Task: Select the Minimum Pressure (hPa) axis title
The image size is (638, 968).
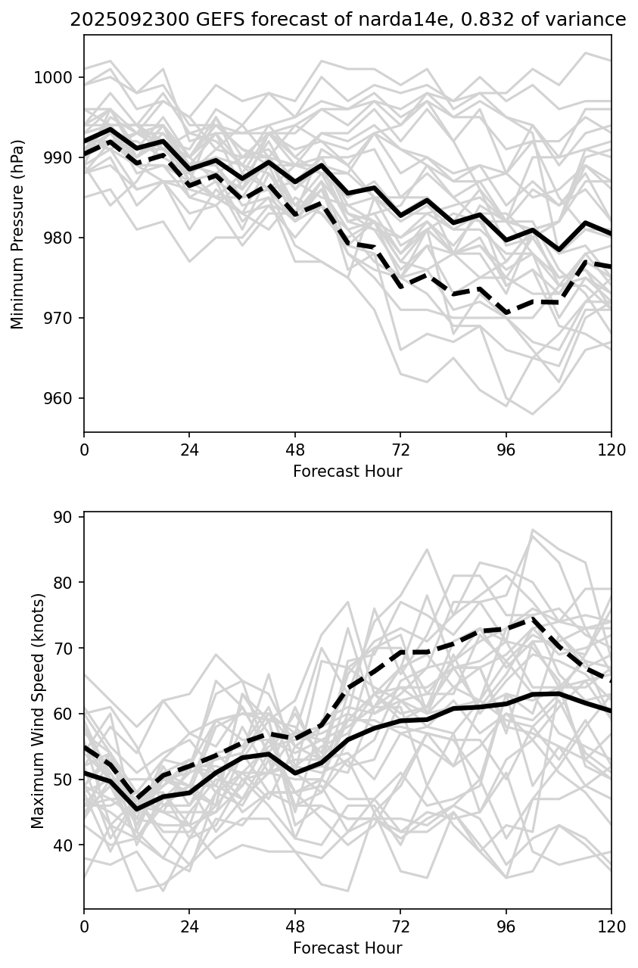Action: [x=17, y=234]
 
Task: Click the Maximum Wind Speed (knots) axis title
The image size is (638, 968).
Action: [x=39, y=711]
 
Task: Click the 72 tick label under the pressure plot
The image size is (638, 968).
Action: [x=400, y=450]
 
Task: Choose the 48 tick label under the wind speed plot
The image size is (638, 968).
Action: [x=295, y=926]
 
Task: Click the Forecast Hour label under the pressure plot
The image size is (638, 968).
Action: [x=347, y=472]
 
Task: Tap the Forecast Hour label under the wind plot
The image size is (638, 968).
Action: [x=347, y=948]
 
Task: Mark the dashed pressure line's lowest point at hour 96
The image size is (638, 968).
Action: [x=506, y=313]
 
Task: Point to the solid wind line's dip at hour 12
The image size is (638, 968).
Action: [x=137, y=809]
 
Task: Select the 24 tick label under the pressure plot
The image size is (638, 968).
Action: [x=189, y=450]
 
